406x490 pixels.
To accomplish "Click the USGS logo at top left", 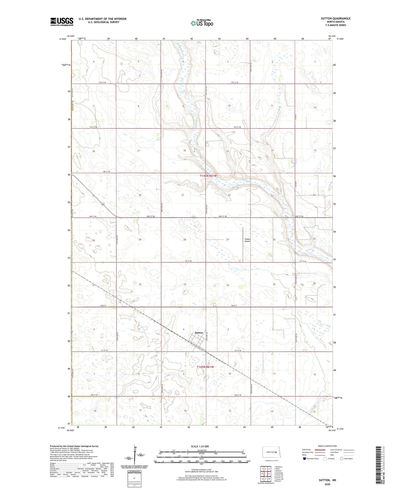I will pyautogui.click(x=62, y=21).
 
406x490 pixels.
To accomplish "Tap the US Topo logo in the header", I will pyautogui.click(x=202, y=23).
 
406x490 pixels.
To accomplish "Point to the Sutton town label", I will pyautogui.click(x=199, y=333).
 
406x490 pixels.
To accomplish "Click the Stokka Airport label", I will pyautogui.click(x=247, y=240).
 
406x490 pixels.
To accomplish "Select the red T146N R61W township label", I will pyautogui.click(x=208, y=176).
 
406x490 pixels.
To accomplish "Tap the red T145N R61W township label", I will pyautogui.click(x=205, y=367).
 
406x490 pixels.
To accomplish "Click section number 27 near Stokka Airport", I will pyautogui.click(x=228, y=239).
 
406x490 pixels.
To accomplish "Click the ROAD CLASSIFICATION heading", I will pyautogui.click(x=328, y=446).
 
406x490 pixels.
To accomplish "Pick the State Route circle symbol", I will pyautogui.click(x=342, y=459).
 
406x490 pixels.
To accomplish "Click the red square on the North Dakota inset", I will pyautogui.click(x=276, y=452).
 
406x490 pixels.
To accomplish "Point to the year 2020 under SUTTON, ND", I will pyautogui.click(x=327, y=484).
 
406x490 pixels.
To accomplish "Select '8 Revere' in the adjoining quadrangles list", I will pyautogui.click(x=278, y=481).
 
